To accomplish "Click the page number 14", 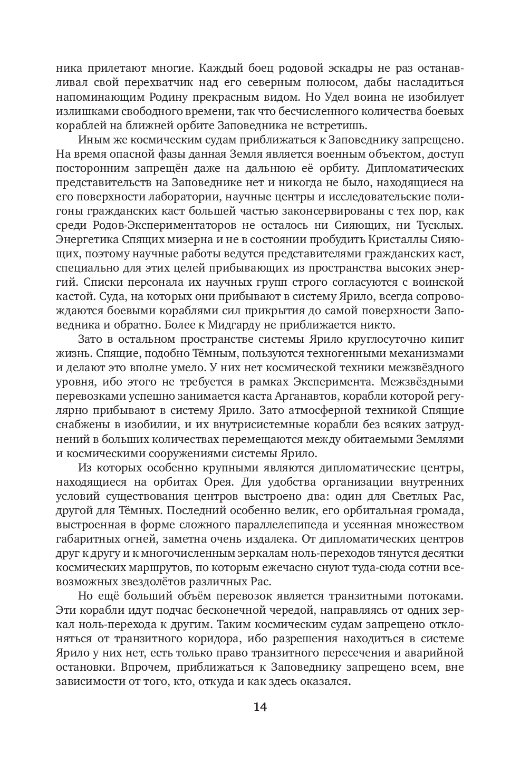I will point(260,707).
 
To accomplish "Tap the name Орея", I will point(229,482).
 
